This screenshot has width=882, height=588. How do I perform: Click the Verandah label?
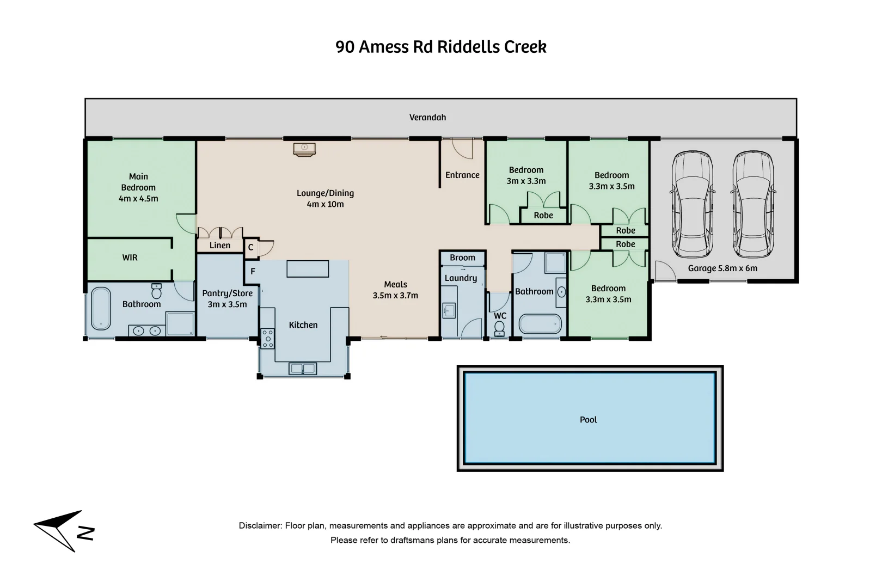[427, 118]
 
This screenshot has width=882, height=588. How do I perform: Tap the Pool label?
[588, 420]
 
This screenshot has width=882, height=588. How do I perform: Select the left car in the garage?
[692, 204]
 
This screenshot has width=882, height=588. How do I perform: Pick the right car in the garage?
[754, 204]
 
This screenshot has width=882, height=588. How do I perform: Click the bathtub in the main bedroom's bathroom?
[101, 308]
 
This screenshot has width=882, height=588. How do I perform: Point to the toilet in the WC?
[499, 328]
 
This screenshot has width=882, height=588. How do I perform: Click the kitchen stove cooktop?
[268, 338]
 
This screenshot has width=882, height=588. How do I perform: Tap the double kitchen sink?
[302, 369]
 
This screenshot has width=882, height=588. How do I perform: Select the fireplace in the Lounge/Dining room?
[304, 150]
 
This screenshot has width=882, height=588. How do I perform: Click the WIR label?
[130, 258]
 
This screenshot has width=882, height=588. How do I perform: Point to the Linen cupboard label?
[220, 246]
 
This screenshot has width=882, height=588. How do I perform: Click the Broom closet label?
[462, 258]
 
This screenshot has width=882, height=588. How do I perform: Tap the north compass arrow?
[59, 530]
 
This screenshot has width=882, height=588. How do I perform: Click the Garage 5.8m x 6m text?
[722, 268]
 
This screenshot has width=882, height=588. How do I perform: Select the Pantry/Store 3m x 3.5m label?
[227, 298]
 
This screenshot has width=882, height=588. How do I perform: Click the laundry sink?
[449, 310]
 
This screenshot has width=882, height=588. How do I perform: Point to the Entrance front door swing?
[462, 149]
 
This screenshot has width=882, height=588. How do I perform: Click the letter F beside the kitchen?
[253, 271]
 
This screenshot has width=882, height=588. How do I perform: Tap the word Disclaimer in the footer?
[260, 526]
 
